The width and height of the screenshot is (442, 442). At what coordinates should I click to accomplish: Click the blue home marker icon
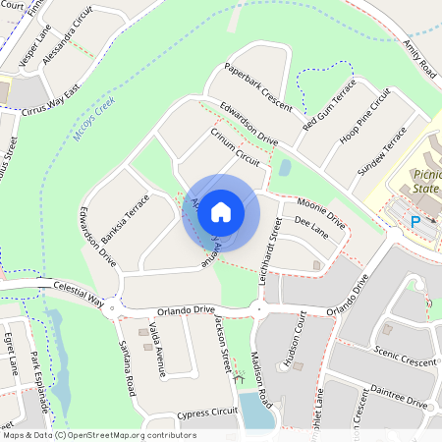tap(221, 212)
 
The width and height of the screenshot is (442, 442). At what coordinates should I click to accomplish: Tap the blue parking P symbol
tap(414, 222)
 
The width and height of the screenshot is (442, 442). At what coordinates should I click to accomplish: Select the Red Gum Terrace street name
tap(330, 107)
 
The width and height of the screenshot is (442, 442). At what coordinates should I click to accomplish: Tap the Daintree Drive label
tap(398, 397)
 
